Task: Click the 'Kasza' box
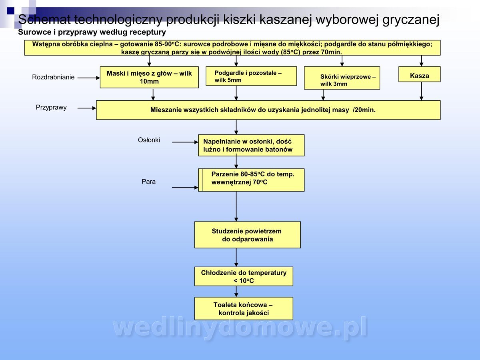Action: (419, 74)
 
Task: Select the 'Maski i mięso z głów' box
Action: (149, 77)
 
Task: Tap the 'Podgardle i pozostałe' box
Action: (251, 76)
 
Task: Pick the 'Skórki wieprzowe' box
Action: (342, 78)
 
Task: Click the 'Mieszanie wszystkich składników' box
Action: (268, 110)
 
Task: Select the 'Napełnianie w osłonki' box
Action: (251, 145)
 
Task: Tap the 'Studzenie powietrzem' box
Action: (247, 235)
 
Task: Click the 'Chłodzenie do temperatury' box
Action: (244, 276)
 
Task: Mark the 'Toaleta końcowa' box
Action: (244, 308)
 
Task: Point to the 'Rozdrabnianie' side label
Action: (53, 77)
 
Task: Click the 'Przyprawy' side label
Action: (51, 107)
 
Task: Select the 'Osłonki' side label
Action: (149, 140)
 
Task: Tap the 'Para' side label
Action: (148, 182)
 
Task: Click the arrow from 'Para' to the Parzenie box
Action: (185, 188)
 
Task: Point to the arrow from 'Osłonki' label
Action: (185, 142)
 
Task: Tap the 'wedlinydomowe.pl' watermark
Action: (240, 327)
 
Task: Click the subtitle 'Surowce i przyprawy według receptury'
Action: (92, 32)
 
